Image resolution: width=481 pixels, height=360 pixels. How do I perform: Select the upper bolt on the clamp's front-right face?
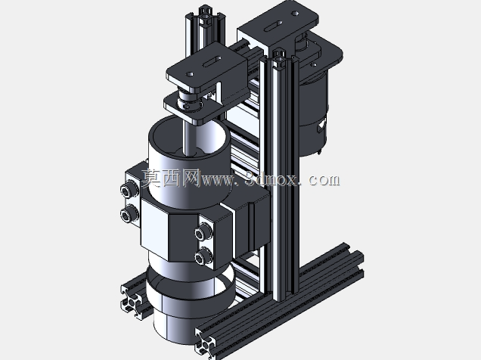tap(203, 233)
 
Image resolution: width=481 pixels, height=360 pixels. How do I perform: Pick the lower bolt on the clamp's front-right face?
tap(203, 256)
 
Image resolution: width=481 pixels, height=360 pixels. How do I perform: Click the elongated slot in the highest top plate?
tap(273, 26)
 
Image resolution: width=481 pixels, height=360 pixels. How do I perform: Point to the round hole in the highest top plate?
tap(295, 13)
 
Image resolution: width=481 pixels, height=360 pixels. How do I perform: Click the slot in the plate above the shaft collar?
tap(212, 61)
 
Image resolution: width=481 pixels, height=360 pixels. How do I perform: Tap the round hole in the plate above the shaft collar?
tap(190, 74)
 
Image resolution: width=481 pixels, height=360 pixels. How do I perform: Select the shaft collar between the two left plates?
tap(188, 101)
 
